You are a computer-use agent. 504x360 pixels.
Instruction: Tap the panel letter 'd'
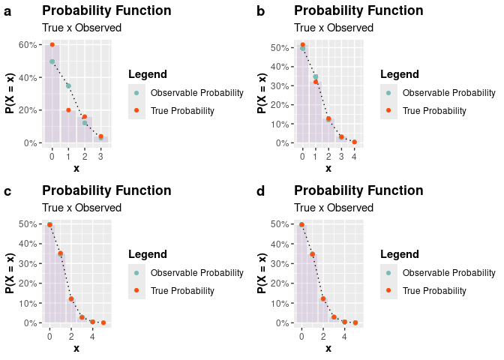[260, 192]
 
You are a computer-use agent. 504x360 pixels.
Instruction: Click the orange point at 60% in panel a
[52, 45]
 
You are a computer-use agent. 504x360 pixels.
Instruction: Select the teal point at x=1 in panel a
[68, 85]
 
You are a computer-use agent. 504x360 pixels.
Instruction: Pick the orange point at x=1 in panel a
[68, 110]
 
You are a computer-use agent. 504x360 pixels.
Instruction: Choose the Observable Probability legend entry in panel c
[196, 273]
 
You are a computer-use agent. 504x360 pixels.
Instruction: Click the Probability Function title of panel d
[358, 190]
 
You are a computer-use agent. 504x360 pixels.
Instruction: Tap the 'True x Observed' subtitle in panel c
[82, 208]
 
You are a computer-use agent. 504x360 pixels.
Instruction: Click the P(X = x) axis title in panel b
[262, 93]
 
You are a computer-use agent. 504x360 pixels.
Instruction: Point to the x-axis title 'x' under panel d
[328, 349]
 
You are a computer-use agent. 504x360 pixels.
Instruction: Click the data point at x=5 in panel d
[355, 322]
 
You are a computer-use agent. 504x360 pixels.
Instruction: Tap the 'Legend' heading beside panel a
[148, 74]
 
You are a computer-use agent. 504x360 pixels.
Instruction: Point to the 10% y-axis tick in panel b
[280, 124]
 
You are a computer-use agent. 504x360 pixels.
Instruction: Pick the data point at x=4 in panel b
[354, 142]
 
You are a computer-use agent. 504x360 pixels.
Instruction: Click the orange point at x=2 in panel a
[84, 117]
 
